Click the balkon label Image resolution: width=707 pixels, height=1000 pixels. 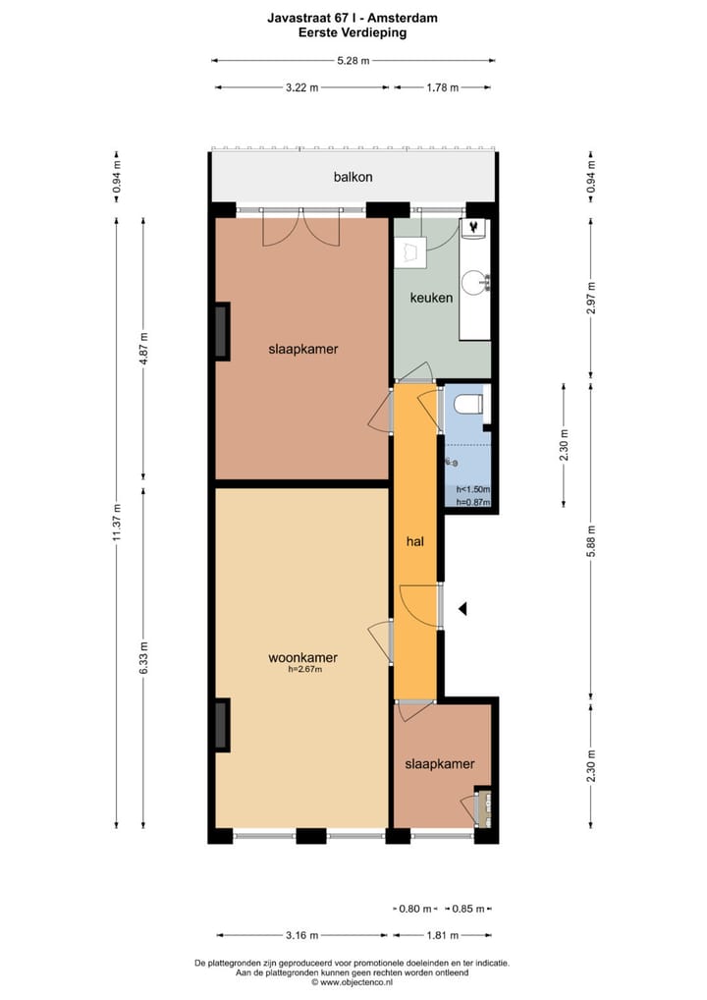(353, 178)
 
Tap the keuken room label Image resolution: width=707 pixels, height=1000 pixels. (431, 298)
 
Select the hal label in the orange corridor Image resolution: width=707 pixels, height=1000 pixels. (415, 540)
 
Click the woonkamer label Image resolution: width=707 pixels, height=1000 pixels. (302, 657)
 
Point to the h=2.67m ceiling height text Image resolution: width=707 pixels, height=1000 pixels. (304, 670)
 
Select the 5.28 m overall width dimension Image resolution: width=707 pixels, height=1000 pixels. (353, 61)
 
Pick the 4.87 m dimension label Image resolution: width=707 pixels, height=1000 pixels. (143, 348)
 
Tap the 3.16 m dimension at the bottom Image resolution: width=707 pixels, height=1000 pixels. (301, 935)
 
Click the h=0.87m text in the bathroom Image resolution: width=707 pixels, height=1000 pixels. (473, 503)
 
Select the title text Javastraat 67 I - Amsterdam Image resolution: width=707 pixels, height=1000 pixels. (353, 18)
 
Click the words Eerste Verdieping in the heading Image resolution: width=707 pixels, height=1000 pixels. (353, 32)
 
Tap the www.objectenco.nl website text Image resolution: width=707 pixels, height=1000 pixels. (353, 982)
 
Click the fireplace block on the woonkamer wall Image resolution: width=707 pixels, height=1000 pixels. (222, 725)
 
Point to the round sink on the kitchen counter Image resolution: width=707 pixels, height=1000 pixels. (476, 283)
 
